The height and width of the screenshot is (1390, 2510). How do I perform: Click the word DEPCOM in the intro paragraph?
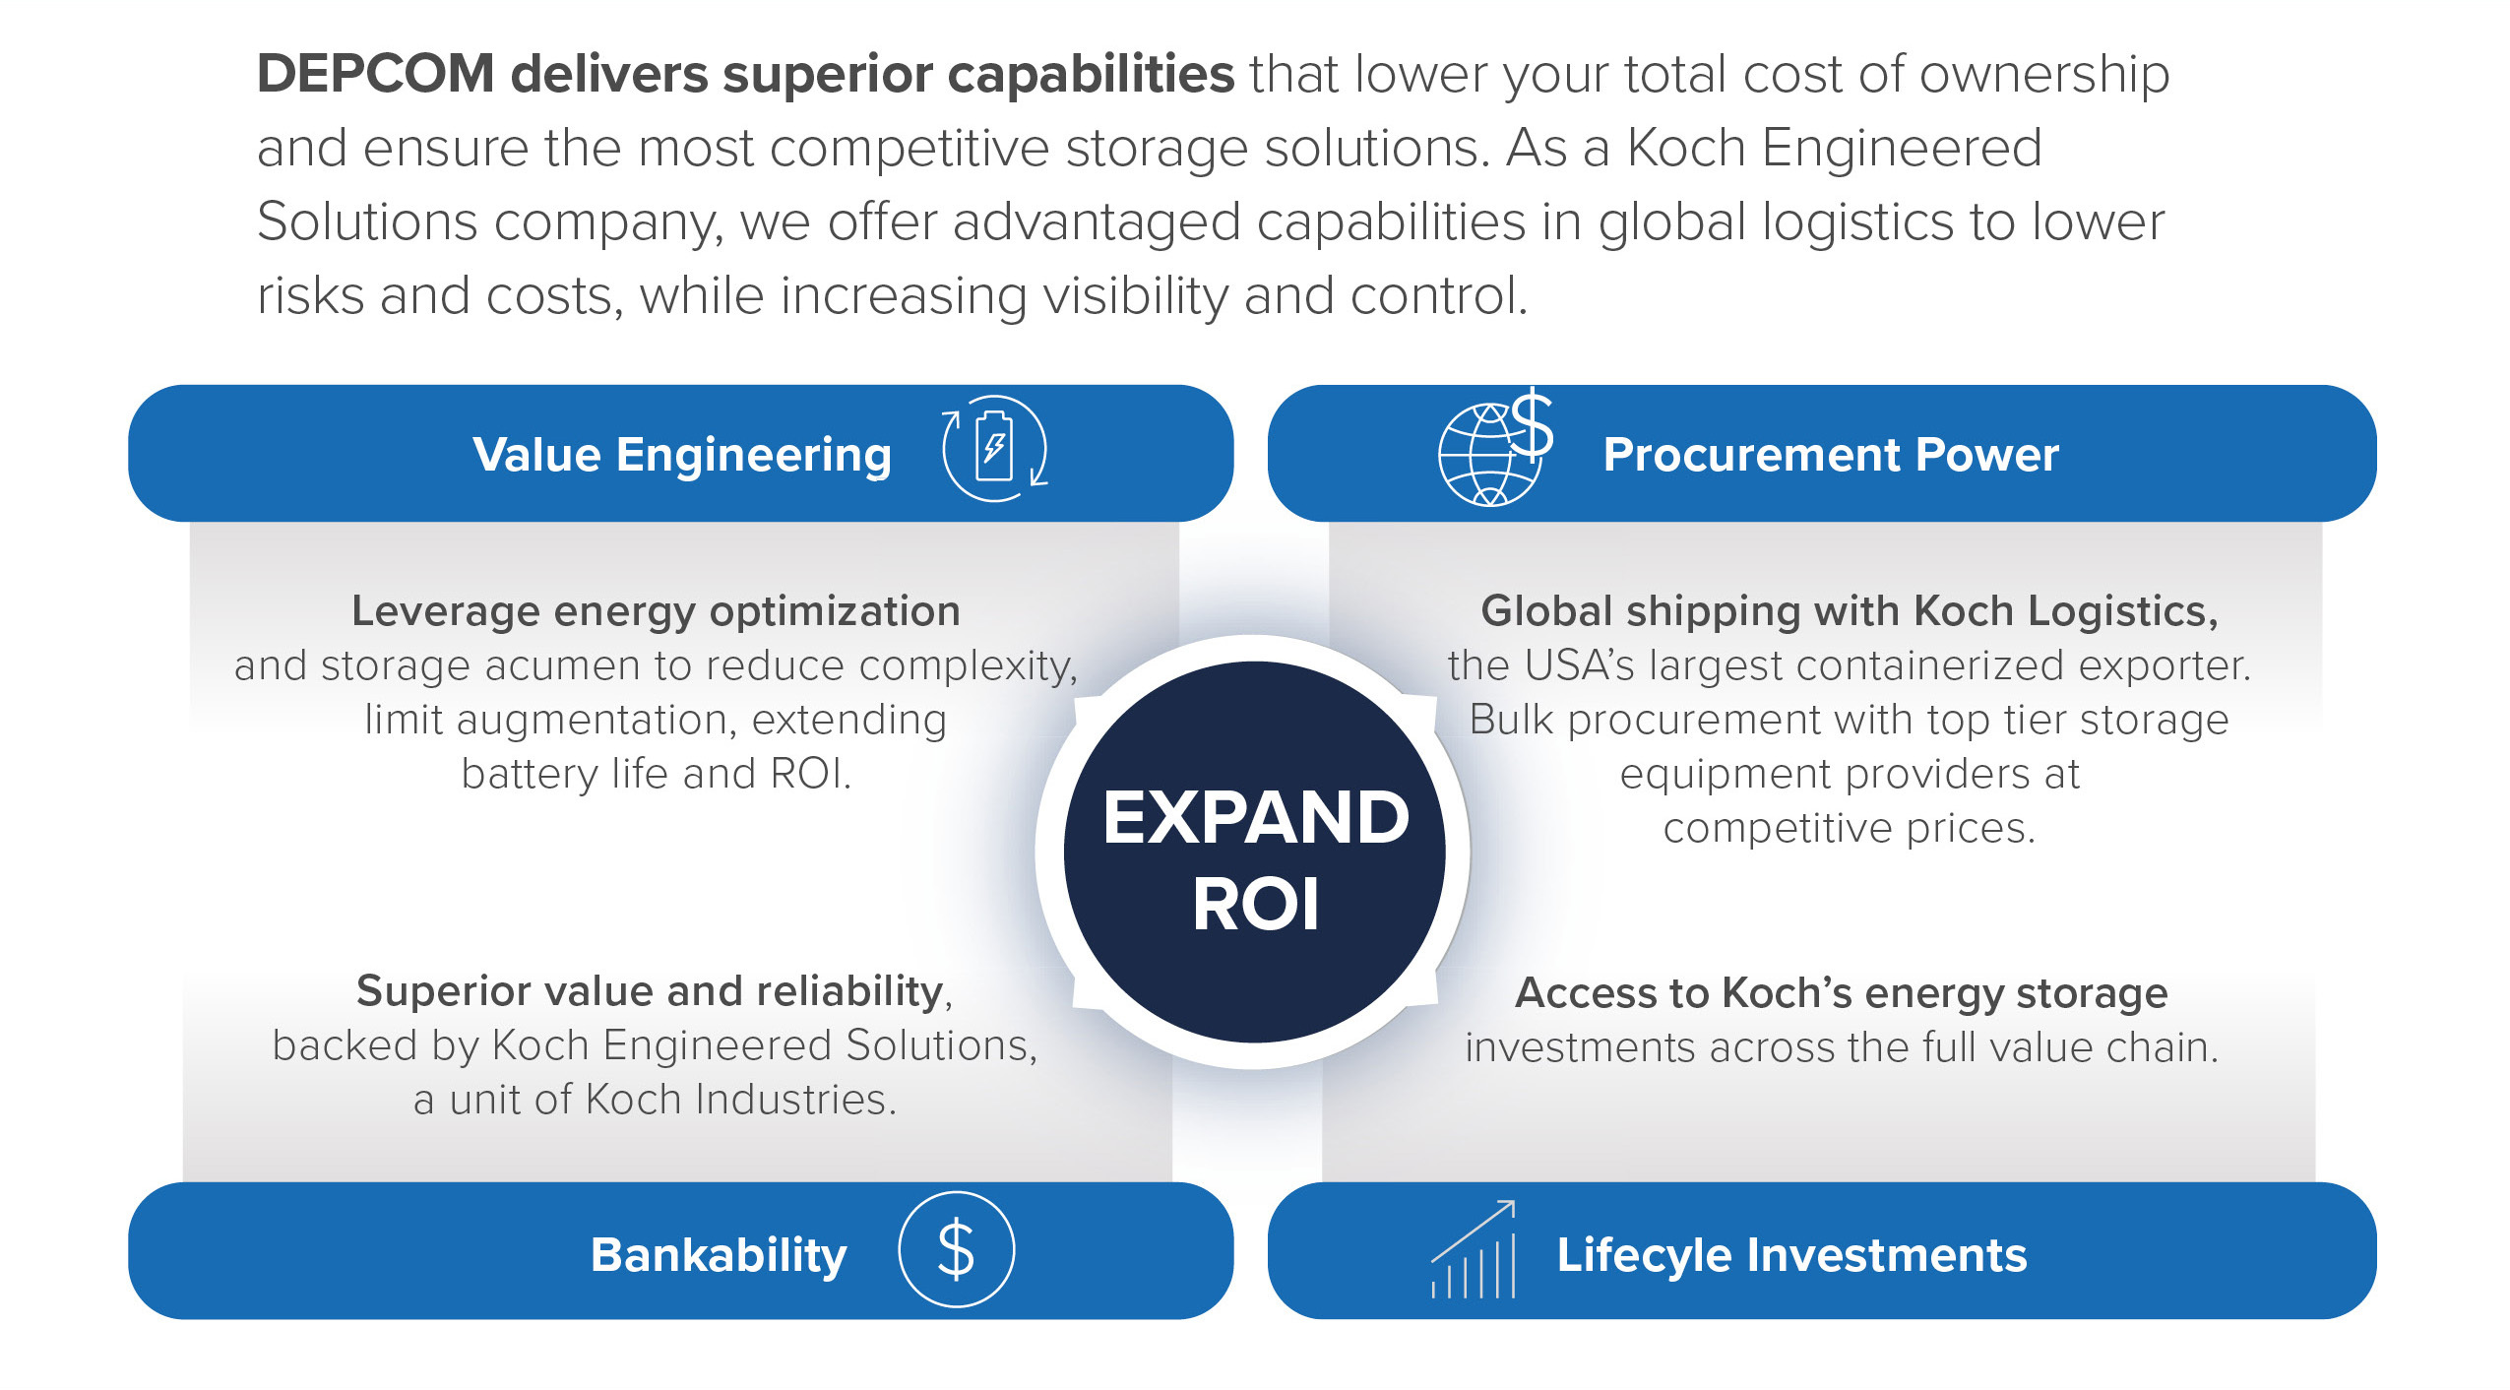375,74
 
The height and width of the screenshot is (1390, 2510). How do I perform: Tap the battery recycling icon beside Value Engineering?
994,449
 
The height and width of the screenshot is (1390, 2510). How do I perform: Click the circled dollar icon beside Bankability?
956,1250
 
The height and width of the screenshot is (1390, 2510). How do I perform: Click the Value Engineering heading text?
682,455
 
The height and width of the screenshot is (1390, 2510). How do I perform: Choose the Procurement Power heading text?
1831,455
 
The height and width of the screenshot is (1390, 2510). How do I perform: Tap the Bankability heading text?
719,1255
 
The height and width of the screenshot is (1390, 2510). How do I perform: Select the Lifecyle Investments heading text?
1791,1255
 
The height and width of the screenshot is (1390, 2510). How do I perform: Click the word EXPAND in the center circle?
1256,818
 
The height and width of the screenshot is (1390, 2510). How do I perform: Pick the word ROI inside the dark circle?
1256,905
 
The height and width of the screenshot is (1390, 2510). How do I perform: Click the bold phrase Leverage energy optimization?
656,611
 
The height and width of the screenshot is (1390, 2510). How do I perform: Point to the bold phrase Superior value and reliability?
650,990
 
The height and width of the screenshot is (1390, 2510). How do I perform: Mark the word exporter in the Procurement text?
2163,666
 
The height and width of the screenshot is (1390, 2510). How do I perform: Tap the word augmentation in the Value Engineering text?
596,721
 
